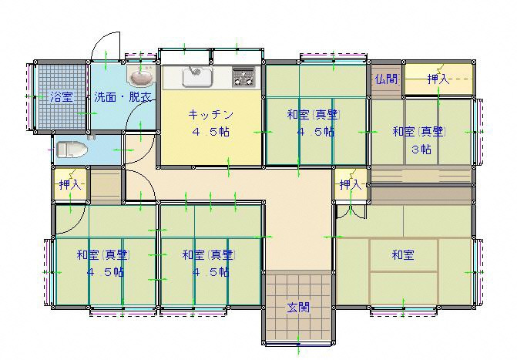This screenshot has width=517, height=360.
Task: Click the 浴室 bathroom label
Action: coord(62,97)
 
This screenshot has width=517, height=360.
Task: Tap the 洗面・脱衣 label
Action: coord(123,97)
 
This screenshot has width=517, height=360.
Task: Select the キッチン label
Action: coord(210,115)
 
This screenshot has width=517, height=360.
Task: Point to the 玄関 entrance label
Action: coord(298,308)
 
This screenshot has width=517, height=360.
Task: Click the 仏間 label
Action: coord(387,79)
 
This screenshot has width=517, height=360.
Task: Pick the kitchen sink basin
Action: coord(197,77)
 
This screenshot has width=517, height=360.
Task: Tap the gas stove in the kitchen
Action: coord(244,77)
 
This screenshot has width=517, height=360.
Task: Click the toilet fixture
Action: coord(72,150)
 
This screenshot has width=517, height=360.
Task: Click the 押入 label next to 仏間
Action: coord(438,79)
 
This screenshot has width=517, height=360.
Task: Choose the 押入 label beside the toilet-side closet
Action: coord(70,185)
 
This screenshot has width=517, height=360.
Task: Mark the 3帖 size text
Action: coord(421,150)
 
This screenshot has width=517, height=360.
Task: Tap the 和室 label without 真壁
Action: coord(403,254)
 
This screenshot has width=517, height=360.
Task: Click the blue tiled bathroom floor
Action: coord(62,96)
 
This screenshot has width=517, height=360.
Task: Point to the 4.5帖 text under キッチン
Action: coord(210,132)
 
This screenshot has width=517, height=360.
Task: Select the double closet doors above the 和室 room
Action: coord(351,211)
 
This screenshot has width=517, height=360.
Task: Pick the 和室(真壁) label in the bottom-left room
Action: coord(103,254)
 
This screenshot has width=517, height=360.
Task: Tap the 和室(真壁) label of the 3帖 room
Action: coord(419,132)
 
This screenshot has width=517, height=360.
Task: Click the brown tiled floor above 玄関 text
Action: coord(298,286)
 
